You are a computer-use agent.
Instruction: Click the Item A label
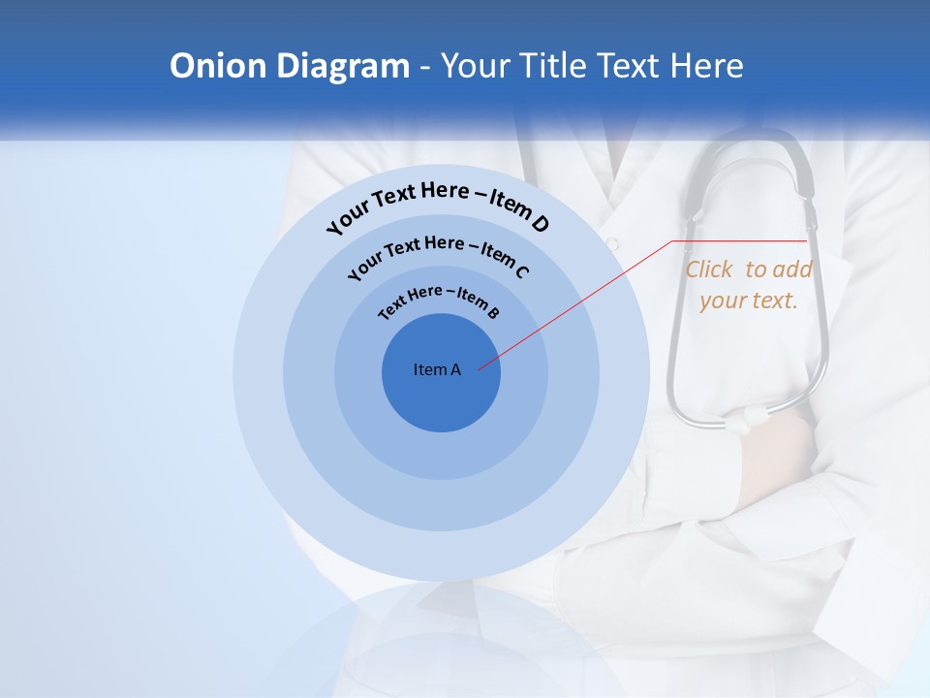click(437, 369)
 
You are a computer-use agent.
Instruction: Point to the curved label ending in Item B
click(439, 301)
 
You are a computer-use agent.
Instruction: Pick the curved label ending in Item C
click(438, 255)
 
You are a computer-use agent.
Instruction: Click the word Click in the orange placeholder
click(709, 270)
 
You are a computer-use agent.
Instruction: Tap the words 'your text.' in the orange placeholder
click(748, 301)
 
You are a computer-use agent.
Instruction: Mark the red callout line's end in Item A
click(479, 368)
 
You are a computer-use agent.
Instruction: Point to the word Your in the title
click(477, 66)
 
